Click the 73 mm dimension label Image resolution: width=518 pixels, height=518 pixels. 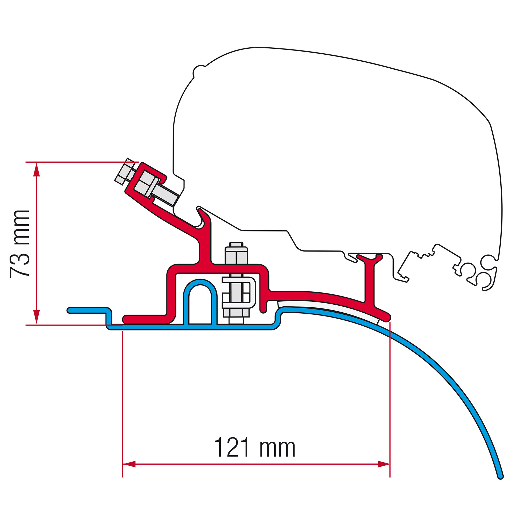tap(19, 244)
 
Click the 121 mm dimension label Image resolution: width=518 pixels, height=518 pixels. tap(254, 448)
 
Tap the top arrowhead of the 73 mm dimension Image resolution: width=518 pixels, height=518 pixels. tap(37, 169)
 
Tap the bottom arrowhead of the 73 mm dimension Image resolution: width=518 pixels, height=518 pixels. tap(37, 317)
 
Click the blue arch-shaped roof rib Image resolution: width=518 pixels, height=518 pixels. tap(200, 302)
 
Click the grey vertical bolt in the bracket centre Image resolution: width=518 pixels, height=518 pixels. tap(236, 283)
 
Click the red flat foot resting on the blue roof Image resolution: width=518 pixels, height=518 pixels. tap(146, 319)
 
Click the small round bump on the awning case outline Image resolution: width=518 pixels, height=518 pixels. tap(198, 71)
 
